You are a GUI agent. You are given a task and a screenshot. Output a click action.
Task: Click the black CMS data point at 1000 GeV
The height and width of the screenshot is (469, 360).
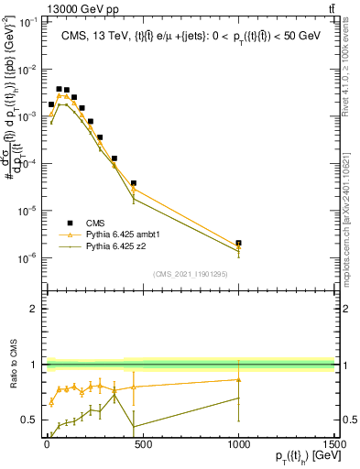point(239,244)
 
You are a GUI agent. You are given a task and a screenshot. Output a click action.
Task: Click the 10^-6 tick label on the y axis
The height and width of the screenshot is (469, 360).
point(27,257)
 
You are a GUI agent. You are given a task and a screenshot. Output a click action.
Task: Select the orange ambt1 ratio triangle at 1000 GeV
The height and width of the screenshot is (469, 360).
point(239,379)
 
